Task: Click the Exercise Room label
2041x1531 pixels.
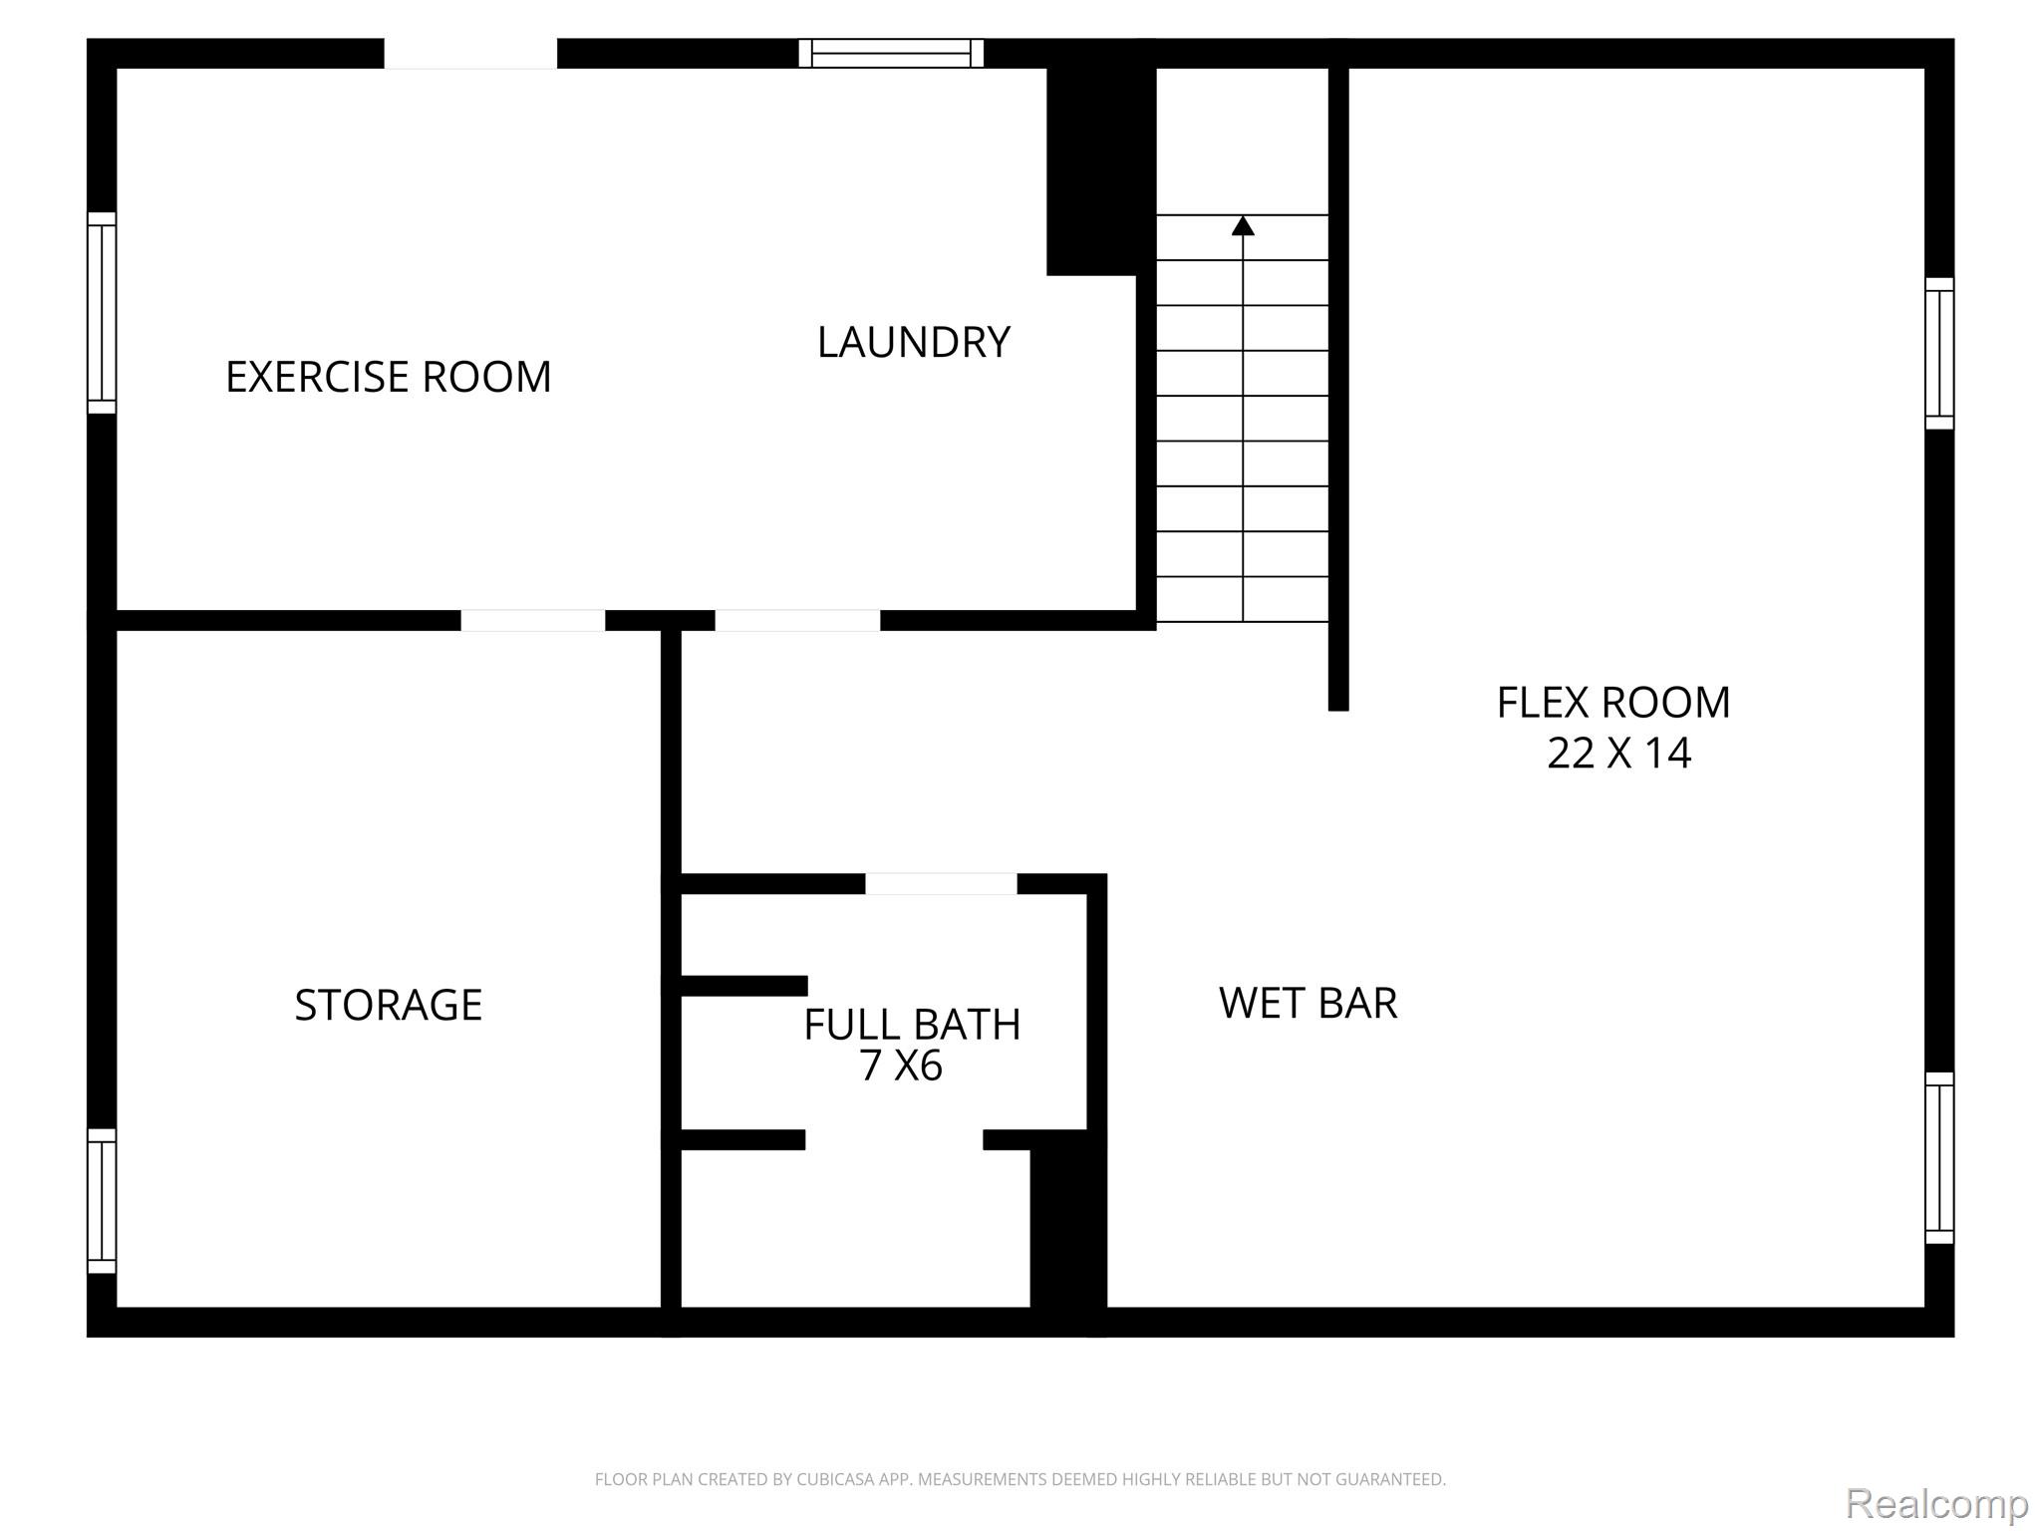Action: tap(388, 377)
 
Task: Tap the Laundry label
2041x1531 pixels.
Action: tap(914, 343)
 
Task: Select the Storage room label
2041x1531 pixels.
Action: tap(388, 1005)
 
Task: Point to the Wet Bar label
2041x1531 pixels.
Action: tap(1308, 1003)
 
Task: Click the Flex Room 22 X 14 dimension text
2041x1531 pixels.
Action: tap(1618, 754)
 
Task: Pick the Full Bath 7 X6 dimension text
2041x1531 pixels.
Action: tap(901, 1067)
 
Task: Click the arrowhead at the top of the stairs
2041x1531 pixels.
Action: tap(1243, 225)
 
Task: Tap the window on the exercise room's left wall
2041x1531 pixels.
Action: tap(102, 313)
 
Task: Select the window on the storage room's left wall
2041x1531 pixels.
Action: tap(102, 1201)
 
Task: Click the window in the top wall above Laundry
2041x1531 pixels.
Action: tap(891, 53)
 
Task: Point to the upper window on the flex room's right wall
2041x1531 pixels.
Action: tap(1939, 354)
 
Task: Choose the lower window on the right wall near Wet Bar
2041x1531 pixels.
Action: tap(1939, 1158)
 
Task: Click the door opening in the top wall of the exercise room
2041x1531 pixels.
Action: tap(470, 54)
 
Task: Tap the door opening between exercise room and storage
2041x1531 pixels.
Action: tap(532, 620)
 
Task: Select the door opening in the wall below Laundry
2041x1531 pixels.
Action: tap(797, 620)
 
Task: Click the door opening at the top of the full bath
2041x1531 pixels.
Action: tap(941, 884)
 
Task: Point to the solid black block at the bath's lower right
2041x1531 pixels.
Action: tap(1068, 1232)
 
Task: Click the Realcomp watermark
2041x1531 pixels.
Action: tap(1936, 1504)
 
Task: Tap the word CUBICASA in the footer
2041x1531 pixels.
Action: tap(834, 1480)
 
